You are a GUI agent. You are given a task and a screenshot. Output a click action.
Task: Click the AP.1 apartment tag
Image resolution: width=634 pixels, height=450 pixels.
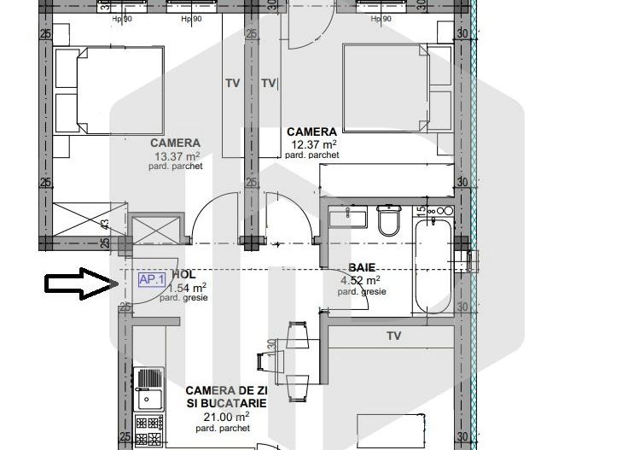click(152, 278)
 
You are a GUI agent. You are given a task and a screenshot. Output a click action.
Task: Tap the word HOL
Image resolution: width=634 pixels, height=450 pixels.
click(183, 275)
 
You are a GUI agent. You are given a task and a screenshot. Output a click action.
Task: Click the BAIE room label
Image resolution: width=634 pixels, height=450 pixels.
click(361, 267)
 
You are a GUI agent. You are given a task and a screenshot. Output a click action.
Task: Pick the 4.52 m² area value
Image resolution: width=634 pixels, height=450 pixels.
click(361, 279)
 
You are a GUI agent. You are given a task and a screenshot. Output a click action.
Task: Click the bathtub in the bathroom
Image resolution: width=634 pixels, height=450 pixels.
click(433, 266)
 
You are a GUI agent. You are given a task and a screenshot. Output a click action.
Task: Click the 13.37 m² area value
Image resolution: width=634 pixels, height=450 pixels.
click(177, 156)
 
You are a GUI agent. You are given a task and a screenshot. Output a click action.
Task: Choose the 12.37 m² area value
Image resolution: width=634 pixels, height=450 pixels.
click(312, 144)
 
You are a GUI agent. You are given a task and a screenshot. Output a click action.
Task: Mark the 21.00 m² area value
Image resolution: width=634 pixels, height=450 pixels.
click(226, 417)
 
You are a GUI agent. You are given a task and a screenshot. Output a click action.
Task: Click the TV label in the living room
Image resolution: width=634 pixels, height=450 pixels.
click(393, 336)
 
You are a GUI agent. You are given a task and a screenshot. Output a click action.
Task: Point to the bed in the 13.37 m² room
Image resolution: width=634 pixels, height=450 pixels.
click(109, 91)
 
